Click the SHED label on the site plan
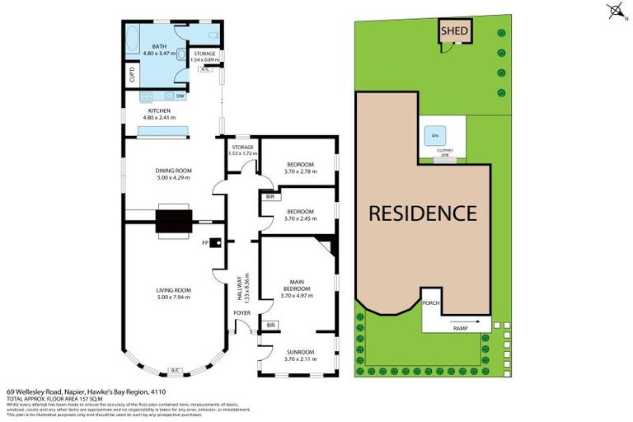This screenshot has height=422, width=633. [x=454, y=32]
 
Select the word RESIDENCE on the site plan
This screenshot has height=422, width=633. [x=422, y=213]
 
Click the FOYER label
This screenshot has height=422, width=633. [x=240, y=313]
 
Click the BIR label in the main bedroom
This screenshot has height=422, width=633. [x=270, y=326]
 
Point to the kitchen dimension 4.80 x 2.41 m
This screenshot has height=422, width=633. [x=161, y=117]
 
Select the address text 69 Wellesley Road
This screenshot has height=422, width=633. [x=41, y=392]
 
